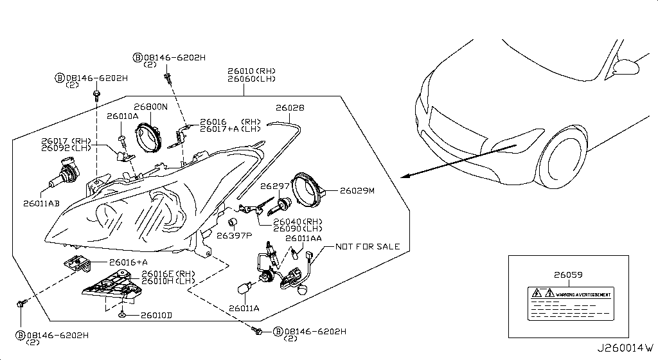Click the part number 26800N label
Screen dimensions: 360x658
click(x=150, y=106)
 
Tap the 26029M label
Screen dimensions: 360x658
click(x=357, y=191)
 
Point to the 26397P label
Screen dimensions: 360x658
click(x=235, y=235)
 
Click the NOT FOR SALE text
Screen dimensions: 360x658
click(x=368, y=246)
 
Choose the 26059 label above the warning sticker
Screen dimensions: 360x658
click(x=569, y=274)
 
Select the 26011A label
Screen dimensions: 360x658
click(x=244, y=309)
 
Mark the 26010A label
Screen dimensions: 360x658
click(x=122, y=116)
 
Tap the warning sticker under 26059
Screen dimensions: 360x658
click(x=569, y=303)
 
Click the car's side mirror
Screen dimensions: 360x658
click(x=628, y=66)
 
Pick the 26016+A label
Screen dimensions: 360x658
click(x=129, y=262)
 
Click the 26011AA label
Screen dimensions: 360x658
click(x=303, y=239)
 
